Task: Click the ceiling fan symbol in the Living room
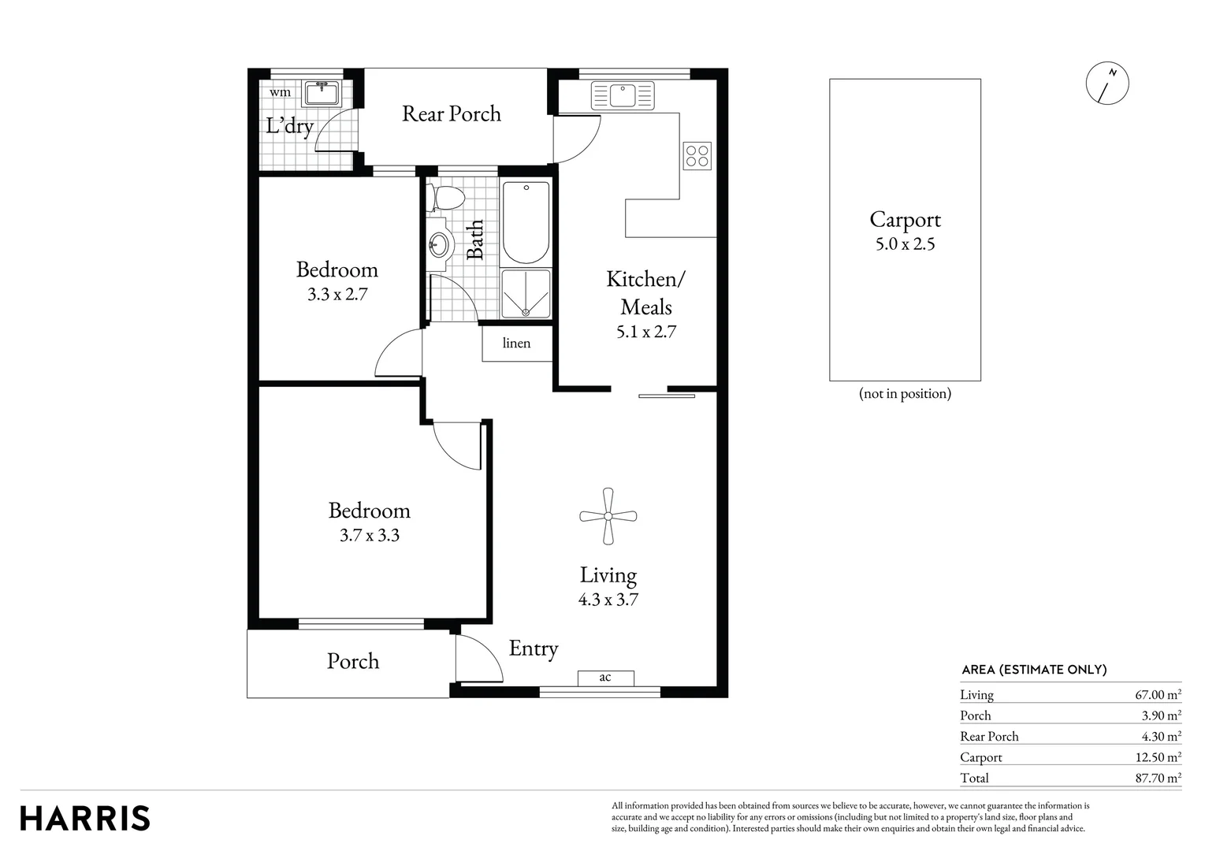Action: [608, 516]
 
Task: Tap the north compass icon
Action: [1107, 82]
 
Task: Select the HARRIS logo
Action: [85, 818]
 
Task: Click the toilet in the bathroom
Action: [447, 198]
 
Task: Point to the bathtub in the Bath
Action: [526, 223]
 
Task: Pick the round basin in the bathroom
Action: [440, 244]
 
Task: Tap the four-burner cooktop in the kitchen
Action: [697, 156]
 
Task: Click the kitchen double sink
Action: [623, 95]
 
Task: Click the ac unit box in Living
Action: [605, 678]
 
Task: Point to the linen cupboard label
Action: [516, 343]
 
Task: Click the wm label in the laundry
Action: [280, 92]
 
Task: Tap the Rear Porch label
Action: [451, 113]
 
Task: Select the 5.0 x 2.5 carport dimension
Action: [905, 244]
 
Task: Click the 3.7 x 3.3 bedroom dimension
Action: [369, 535]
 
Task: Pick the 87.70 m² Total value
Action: [1157, 778]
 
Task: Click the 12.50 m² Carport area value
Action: [1157, 757]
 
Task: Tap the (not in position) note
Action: [905, 393]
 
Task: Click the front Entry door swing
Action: [478, 658]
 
